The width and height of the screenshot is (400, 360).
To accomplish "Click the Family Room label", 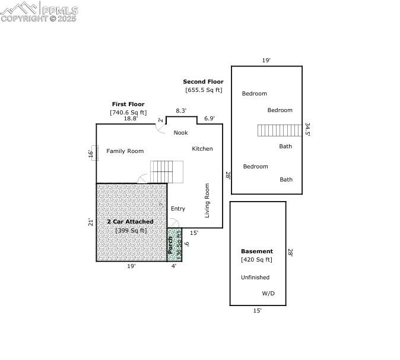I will (125, 151).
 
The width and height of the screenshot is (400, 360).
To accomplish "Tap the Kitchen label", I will (202, 149).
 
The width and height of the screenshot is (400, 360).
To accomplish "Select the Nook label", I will (180, 133).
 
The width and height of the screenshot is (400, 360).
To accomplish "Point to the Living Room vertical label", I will (207, 200).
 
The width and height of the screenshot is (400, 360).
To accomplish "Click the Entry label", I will (177, 209).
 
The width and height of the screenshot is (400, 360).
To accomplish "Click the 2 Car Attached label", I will (130, 222).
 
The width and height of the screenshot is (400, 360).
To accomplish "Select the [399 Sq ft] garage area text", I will (131, 231).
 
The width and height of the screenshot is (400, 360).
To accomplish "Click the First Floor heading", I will (128, 104).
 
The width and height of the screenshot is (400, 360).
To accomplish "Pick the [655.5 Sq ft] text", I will (204, 90).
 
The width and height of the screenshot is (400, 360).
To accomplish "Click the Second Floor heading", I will (203, 82).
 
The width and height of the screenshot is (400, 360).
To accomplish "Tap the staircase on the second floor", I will (280, 130).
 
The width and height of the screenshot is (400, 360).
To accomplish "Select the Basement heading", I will (256, 251).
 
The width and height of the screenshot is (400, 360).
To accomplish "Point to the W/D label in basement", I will (268, 294).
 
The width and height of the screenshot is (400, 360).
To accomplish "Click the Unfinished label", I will (255, 278).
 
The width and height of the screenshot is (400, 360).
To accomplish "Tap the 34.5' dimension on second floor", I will (307, 129).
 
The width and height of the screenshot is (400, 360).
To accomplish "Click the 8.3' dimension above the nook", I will (181, 111).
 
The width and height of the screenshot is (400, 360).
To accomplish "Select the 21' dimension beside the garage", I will (91, 222).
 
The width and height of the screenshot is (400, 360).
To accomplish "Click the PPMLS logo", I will (39, 11).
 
